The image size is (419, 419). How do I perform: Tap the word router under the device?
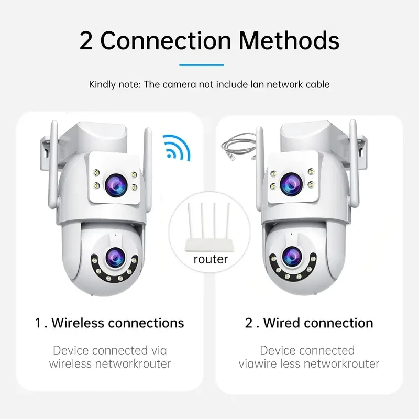211,259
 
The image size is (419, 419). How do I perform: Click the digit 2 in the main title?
86,40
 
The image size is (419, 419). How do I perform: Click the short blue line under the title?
201,65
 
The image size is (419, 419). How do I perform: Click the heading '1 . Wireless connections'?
109,323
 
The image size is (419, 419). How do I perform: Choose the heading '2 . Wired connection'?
309,323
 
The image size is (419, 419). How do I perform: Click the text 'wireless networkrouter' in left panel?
110,363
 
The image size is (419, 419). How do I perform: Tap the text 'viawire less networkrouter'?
309,363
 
